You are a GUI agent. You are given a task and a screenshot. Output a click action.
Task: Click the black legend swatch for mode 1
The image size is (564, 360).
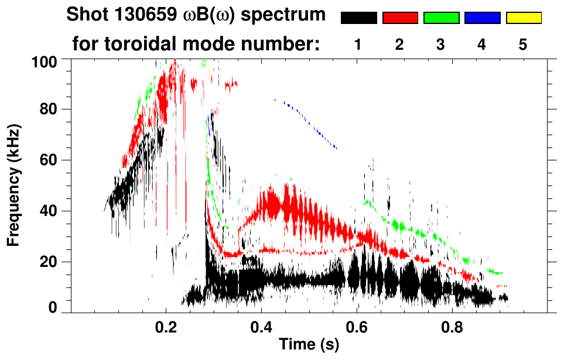359,18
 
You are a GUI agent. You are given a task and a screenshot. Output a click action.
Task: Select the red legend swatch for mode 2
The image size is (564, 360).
400,18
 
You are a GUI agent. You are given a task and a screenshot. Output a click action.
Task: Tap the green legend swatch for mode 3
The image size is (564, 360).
441,18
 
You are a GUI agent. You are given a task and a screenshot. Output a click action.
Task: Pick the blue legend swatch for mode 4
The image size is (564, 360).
482,18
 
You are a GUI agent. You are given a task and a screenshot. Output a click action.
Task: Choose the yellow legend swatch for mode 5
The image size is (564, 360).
523,18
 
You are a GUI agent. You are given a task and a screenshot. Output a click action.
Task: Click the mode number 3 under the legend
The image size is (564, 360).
441,44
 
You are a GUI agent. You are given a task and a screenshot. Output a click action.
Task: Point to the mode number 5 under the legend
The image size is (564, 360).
523,44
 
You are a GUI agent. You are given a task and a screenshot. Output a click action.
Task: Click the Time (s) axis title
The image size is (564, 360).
309,345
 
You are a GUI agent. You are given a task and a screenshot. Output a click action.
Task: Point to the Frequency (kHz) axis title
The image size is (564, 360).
14,184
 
